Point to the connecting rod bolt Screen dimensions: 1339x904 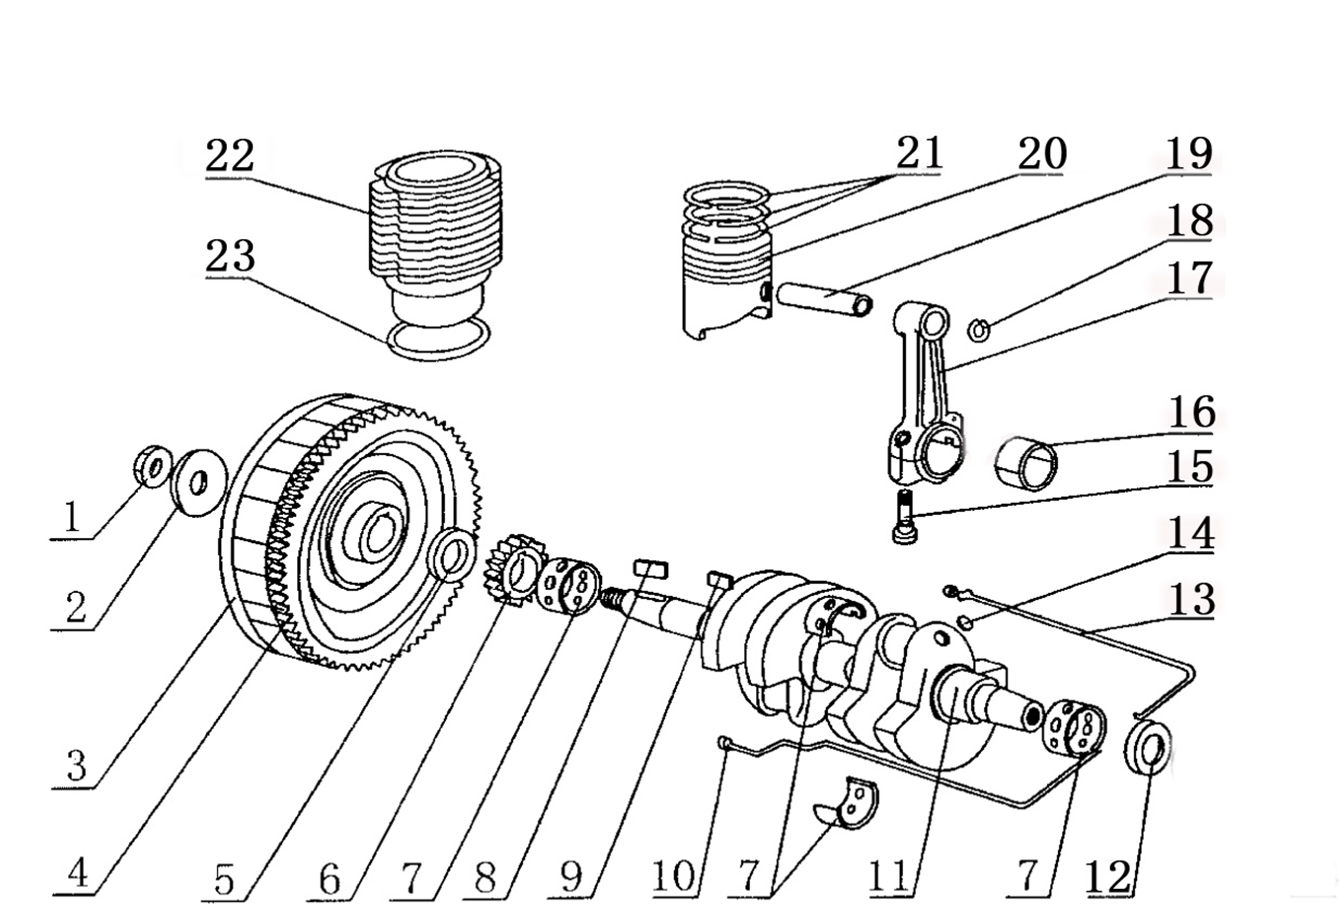pos(904,517)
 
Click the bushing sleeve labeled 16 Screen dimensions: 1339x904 pos(1026,464)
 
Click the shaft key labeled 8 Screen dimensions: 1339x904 pos(651,569)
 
